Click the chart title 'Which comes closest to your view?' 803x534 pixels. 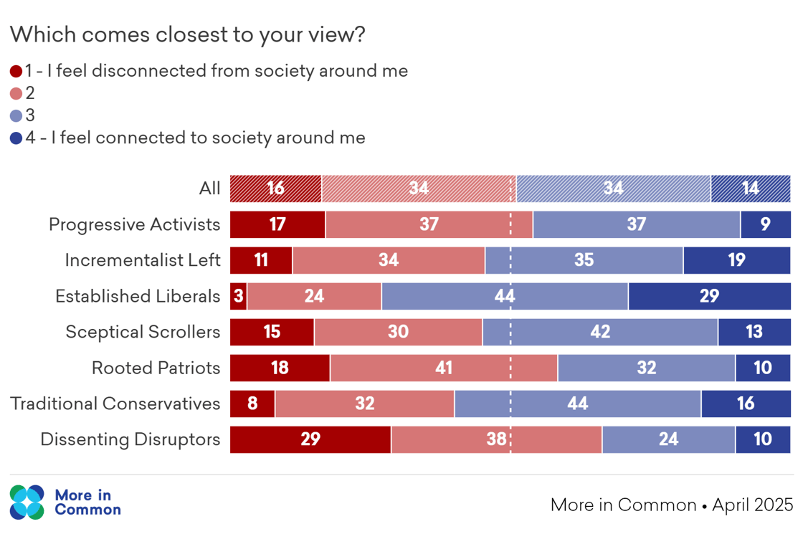188,34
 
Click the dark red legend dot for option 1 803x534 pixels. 16,71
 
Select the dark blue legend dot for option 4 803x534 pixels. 16,138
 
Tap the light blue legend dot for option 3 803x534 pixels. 16,116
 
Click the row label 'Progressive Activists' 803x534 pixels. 134,224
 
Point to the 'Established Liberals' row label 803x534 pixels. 138,296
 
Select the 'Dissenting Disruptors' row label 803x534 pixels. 130,439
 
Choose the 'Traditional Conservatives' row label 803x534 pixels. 115,404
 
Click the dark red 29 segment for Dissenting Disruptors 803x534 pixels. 310,439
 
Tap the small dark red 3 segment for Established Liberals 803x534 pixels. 238,296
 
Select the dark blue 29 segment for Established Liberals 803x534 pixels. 709,296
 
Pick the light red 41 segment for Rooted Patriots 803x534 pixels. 444,368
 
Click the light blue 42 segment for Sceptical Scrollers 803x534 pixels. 600,332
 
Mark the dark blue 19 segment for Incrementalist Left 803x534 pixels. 736,260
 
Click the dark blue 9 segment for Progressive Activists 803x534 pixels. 765,224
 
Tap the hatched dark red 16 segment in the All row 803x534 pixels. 275,189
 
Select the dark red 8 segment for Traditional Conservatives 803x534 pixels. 252,404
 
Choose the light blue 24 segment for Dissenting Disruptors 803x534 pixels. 668,439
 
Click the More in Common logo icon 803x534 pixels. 27,502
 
